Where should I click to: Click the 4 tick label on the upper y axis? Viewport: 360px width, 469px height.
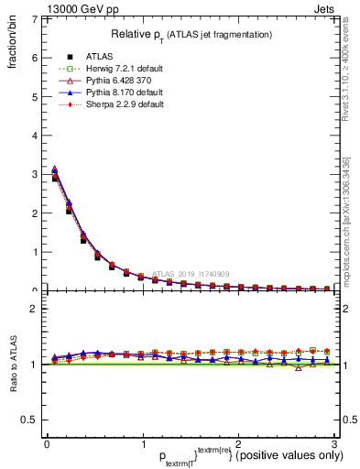tap(32, 136)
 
